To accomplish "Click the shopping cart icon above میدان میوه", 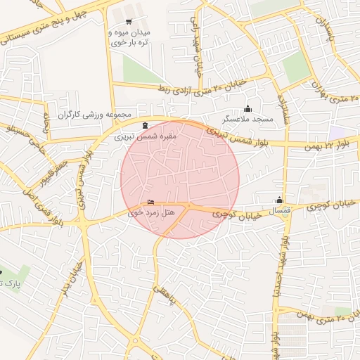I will (x=129, y=22).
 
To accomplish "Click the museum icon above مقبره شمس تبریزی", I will (x=146, y=124).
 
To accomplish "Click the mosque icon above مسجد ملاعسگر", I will (x=247, y=108).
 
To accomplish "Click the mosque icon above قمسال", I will (x=280, y=200).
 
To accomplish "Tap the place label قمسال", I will (x=280, y=210).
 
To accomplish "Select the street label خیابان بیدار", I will (x=70, y=280).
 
